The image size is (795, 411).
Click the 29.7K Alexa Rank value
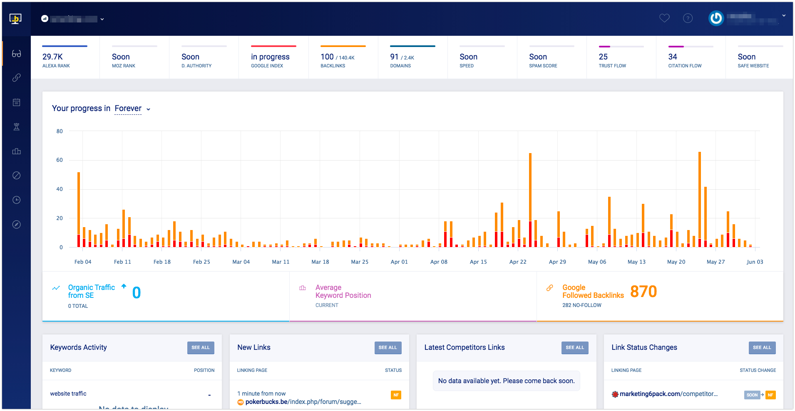(52, 57)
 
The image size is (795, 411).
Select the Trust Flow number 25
(603, 57)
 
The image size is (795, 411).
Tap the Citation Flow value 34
(673, 57)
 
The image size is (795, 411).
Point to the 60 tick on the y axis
(60, 160)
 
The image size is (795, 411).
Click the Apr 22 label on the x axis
(518, 262)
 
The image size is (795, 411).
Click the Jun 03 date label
(755, 262)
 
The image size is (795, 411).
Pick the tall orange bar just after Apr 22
(530, 187)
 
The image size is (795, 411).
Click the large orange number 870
(643, 292)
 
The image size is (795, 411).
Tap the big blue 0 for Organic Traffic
(137, 293)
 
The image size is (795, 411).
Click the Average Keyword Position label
(343, 292)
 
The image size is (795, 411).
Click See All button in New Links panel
(388, 348)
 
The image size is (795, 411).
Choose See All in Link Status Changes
(762, 348)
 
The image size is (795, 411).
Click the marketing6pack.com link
(668, 394)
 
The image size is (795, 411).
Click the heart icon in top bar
(664, 18)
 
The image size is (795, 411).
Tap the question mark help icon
(688, 18)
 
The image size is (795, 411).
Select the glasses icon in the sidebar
(16, 54)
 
